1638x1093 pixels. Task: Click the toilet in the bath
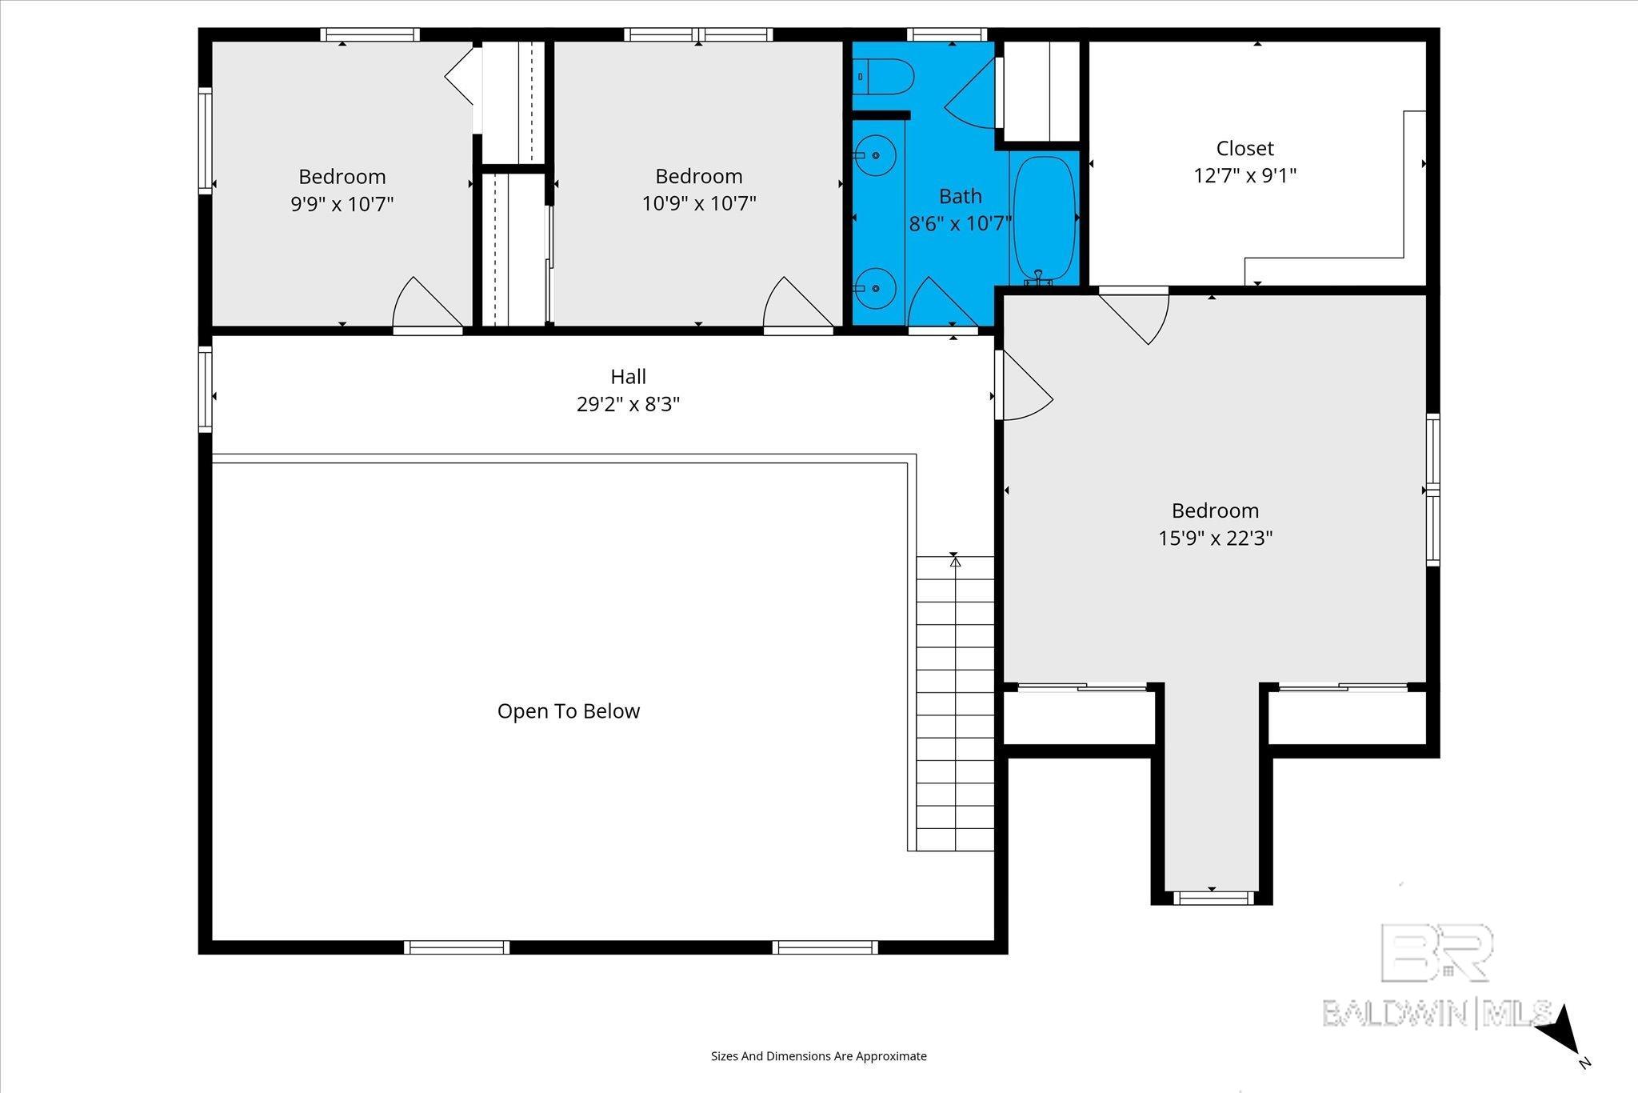coord(883,77)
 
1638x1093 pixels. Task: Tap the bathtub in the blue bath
coord(1043,217)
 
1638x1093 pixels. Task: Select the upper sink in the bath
coord(874,155)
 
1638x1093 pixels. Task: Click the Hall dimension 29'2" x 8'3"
coord(628,404)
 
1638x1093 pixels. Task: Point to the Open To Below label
coord(569,711)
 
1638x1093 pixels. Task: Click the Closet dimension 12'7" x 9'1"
coord(1244,175)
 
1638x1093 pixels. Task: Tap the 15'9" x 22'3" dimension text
coord(1215,538)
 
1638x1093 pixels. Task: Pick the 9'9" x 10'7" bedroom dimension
coord(342,204)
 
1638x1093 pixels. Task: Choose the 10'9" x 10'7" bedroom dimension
coord(699,203)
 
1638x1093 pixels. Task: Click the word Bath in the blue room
coord(960,196)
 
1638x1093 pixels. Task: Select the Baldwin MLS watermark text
coord(1437,1013)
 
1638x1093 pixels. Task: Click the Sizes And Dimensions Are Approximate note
coord(819,1056)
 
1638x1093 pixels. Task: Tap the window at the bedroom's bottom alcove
coord(1212,899)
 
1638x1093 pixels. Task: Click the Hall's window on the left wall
coord(206,390)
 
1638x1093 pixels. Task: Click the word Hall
coord(628,376)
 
